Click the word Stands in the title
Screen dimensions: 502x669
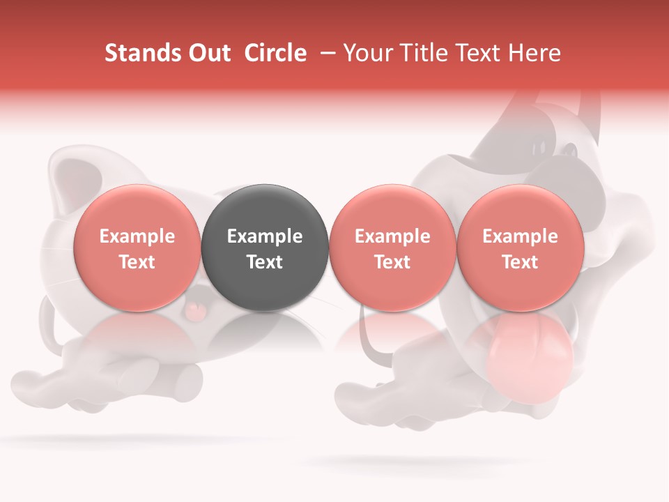click(139, 53)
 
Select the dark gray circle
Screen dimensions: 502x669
click(265, 248)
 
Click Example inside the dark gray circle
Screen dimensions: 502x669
click(265, 236)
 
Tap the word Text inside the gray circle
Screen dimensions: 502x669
click(265, 262)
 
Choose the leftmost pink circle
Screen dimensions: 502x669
click(137, 248)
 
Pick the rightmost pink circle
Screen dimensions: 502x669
click(520, 248)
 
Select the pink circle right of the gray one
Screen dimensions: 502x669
click(392, 248)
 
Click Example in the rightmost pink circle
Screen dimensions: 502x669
click(520, 236)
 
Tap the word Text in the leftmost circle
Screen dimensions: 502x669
click(137, 262)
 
